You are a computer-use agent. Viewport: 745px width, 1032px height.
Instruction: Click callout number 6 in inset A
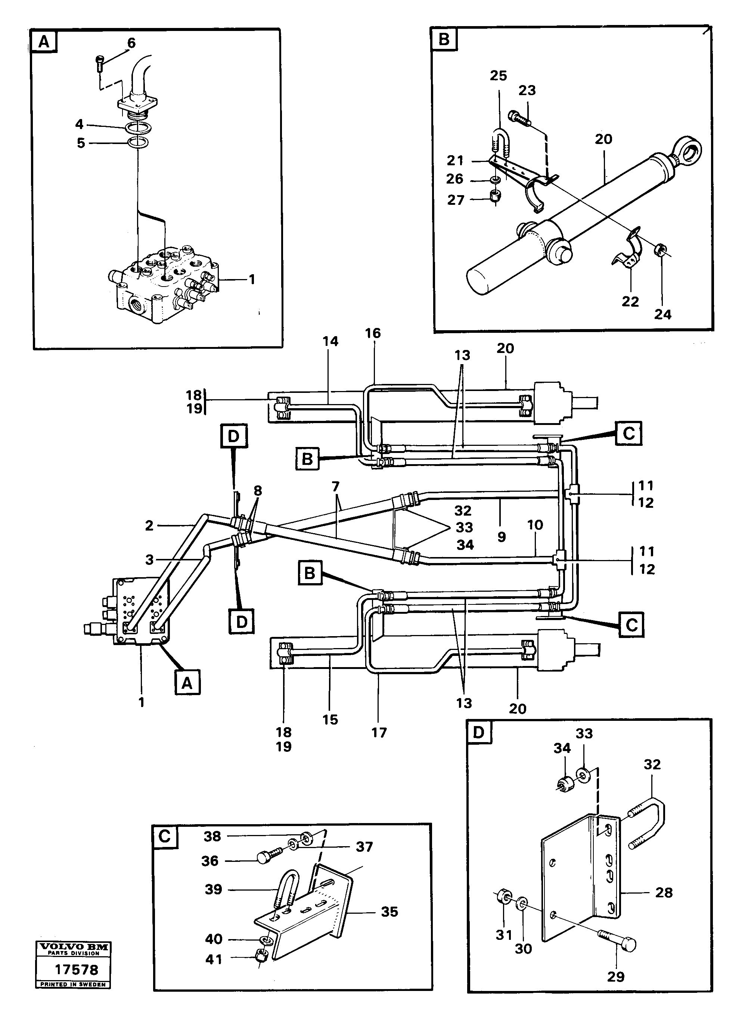coord(131,43)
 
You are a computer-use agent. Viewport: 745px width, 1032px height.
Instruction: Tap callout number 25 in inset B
coord(498,75)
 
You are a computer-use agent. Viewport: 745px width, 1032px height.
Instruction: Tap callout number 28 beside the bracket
coord(664,892)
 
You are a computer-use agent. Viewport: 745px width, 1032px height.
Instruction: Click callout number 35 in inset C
coord(389,911)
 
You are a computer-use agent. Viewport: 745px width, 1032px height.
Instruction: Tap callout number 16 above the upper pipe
coord(373,333)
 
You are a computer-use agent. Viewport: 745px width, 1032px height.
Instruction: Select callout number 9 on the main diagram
coord(502,537)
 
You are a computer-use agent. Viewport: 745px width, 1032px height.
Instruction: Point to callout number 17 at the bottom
coord(379,733)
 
